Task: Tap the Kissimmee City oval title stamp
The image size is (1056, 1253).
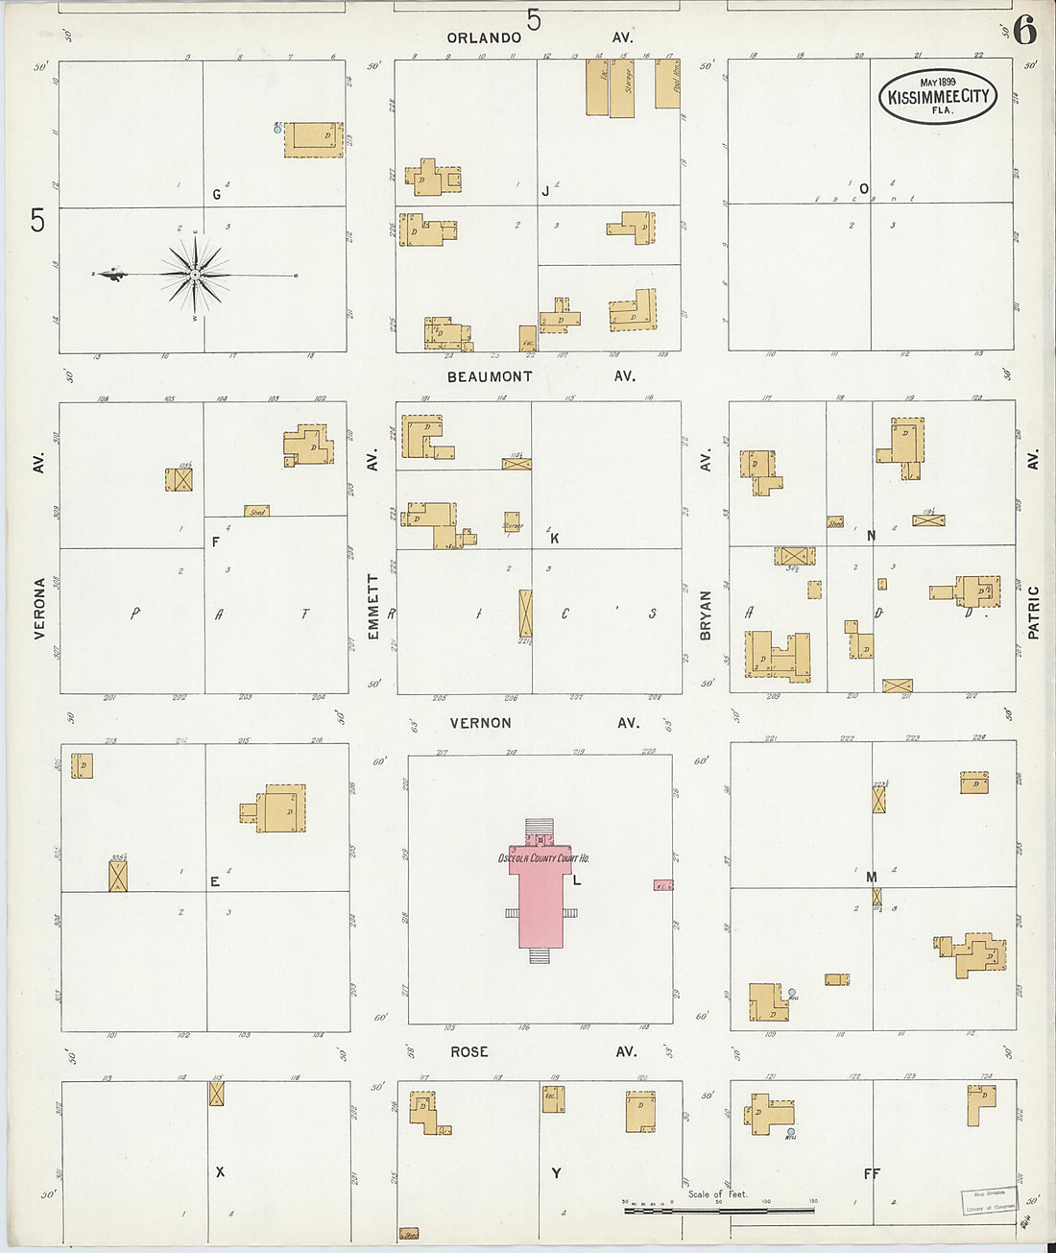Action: click(938, 96)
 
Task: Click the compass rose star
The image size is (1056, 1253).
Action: click(196, 276)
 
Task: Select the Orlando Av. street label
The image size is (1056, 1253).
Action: click(484, 37)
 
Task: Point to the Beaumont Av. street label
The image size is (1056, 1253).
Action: click(490, 377)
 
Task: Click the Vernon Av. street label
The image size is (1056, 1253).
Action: click(480, 723)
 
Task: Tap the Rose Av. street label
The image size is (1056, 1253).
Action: click(469, 1052)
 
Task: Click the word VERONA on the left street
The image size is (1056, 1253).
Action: click(40, 608)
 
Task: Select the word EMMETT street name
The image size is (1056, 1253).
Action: click(373, 607)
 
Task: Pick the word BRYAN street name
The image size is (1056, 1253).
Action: click(706, 615)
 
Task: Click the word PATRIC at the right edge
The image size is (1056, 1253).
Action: click(1034, 613)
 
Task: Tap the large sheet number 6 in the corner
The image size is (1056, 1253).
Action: click(1024, 32)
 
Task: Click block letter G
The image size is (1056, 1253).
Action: click(217, 195)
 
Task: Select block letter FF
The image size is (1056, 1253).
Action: click(872, 1173)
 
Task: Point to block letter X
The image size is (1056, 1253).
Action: click(220, 1172)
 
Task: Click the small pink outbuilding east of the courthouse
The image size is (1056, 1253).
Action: click(663, 885)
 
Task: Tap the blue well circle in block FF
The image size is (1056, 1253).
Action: click(790, 1131)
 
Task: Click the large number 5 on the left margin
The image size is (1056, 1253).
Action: click(37, 220)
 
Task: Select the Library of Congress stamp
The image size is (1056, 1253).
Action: click(990, 1201)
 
